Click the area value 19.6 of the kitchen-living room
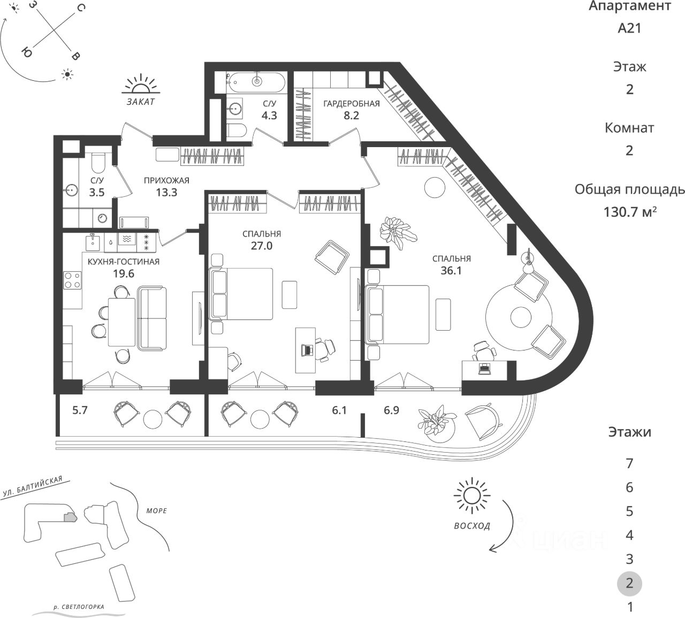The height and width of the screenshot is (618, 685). [x=124, y=273]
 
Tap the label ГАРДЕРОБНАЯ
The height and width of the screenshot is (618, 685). [x=351, y=104]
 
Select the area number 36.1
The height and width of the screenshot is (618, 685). [x=451, y=270]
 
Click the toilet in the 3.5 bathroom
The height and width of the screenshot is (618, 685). [x=97, y=161]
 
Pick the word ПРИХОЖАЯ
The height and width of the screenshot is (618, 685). [x=166, y=180]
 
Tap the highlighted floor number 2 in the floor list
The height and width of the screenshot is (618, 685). [x=629, y=583]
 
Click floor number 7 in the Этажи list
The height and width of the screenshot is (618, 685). [x=629, y=463]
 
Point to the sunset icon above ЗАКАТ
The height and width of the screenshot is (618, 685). [x=141, y=86]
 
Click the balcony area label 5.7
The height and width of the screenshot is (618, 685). [x=80, y=410]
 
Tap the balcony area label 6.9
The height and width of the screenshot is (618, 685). [x=392, y=410]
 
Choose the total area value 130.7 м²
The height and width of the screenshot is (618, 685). [x=630, y=212]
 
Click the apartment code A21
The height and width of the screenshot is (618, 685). [x=629, y=28]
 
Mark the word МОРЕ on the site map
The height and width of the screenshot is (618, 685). [x=156, y=510]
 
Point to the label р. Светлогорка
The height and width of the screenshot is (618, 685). [x=79, y=607]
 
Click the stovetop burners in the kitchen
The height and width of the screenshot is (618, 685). [x=72, y=280]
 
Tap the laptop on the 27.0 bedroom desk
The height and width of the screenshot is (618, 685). [x=308, y=350]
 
